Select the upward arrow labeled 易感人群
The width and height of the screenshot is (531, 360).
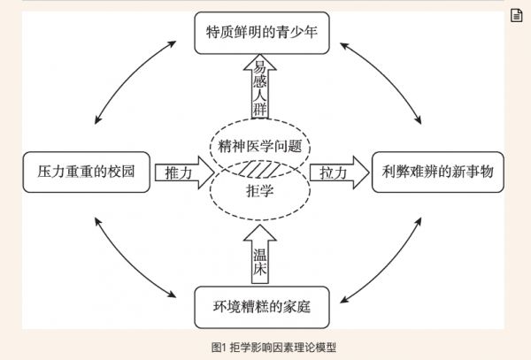click(259, 88)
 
